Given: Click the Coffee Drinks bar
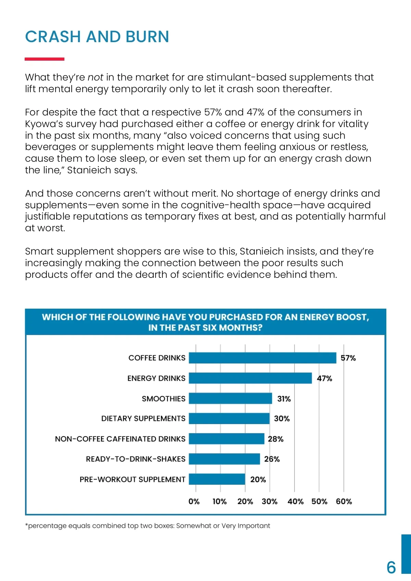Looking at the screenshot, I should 262,358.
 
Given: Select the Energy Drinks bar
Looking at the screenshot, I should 250,378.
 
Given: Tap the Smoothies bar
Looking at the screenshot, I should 230,398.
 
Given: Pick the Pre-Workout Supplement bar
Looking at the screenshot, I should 217,479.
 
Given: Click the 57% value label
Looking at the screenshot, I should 348,358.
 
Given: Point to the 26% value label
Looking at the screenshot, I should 272,459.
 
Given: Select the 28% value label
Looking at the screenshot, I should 275,439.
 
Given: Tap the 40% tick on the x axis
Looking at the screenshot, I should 295,502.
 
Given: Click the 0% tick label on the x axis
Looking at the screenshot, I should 194,502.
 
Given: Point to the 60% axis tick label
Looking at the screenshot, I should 344,502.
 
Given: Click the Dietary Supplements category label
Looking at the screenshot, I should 143,419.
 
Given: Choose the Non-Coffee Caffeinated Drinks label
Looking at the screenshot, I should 120,439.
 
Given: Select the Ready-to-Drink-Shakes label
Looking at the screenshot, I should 136,459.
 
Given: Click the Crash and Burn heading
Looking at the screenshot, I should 97,37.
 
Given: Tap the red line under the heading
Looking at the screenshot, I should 45,59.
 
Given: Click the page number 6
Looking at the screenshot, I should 391,567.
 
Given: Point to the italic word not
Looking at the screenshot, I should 96,77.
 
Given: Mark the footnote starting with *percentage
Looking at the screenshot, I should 148,526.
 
